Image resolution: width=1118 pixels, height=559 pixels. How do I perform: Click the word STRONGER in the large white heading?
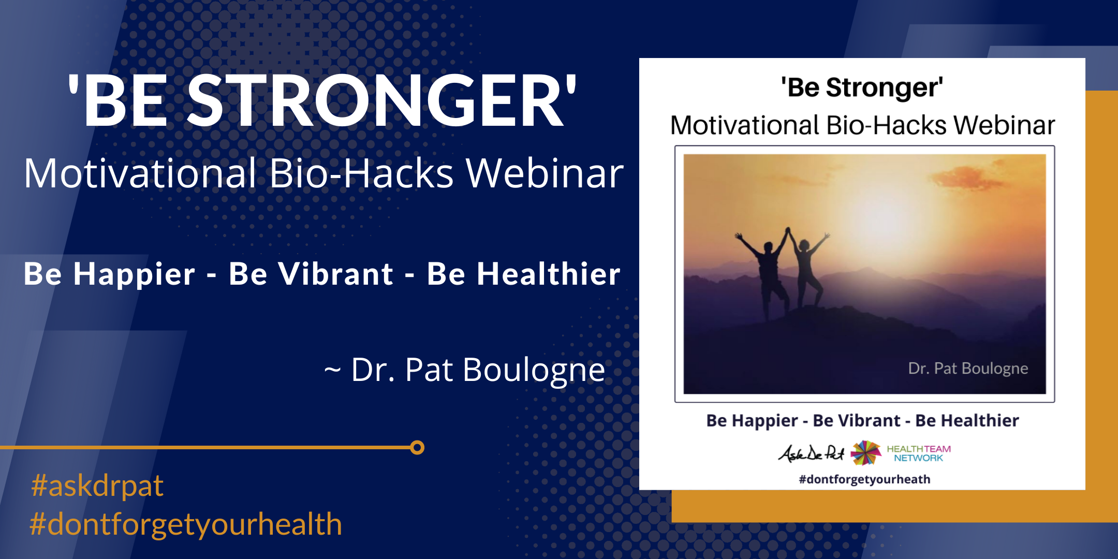375,100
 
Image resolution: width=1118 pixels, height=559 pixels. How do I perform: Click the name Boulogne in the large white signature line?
534,371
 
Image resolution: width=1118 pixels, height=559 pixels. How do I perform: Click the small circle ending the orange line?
417,447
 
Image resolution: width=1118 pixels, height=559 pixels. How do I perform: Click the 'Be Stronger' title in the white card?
862,87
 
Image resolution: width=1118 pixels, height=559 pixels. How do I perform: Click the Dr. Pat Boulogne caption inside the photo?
968,369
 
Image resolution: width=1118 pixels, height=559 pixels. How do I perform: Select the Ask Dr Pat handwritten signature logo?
811,453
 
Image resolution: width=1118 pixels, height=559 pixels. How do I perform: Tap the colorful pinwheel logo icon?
866,453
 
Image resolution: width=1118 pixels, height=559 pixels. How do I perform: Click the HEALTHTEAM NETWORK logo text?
919,453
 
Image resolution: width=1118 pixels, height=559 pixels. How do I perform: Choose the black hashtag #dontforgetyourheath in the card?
864,479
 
